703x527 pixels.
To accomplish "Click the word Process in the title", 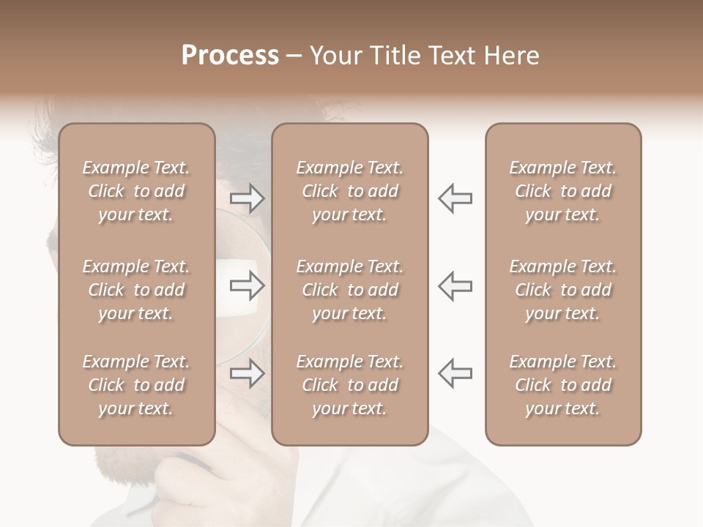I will tap(230, 56).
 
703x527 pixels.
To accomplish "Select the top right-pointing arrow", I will tap(248, 198).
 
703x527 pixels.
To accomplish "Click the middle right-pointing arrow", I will tap(248, 286).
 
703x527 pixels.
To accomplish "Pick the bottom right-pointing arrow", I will tap(248, 373).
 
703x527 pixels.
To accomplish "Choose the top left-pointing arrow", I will tap(455, 198).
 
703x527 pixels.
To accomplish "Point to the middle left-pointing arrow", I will tap(455, 286).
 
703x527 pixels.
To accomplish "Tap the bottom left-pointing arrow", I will tap(455, 373).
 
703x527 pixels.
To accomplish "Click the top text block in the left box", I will tap(136, 191).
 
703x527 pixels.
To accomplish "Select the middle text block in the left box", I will tap(136, 290).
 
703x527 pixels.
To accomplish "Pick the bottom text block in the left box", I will tap(136, 385).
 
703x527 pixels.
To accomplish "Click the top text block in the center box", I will tap(350, 191).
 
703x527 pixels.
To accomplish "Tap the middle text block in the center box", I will tap(350, 290).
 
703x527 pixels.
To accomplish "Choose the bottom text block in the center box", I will tap(350, 385).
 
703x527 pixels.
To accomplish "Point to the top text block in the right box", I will tap(563, 191).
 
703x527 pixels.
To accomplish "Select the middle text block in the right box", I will tap(563, 290).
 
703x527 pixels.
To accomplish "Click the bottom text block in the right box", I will tap(563, 385).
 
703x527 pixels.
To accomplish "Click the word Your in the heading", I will tap(334, 56).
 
